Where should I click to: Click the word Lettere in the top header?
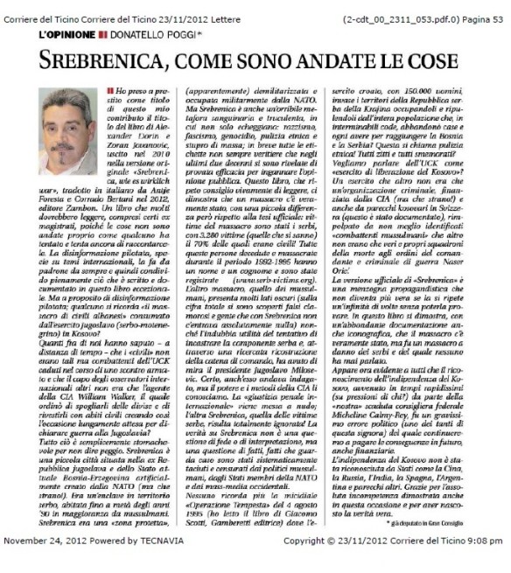click(237, 8)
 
